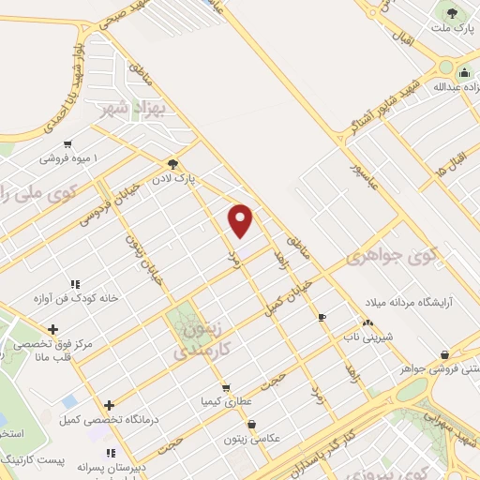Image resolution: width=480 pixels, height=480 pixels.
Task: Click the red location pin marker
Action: [x=241, y=220]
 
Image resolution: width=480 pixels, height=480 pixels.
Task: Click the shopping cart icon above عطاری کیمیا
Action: [x=225, y=387]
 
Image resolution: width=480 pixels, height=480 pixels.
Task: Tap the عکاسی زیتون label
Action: [x=247, y=438]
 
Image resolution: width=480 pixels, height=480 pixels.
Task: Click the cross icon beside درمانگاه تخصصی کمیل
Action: [x=110, y=406]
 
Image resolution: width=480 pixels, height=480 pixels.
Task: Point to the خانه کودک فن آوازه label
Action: [x=75, y=298]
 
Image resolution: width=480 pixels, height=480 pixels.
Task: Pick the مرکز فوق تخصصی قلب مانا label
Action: [x=52, y=349]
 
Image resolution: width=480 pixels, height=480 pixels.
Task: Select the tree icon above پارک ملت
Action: [x=454, y=13]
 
